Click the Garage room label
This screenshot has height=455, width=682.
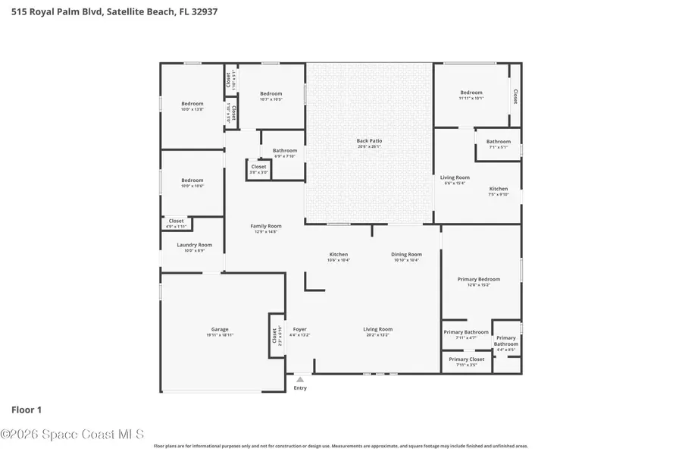220,331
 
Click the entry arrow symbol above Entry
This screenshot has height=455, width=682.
300,380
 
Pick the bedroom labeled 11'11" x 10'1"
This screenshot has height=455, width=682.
471,95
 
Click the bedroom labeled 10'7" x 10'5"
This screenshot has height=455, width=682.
271,96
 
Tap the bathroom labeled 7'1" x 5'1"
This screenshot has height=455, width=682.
498,143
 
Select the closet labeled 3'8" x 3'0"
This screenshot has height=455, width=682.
258,169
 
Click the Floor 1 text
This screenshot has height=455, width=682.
26,409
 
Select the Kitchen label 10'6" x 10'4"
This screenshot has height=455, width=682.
338,256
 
